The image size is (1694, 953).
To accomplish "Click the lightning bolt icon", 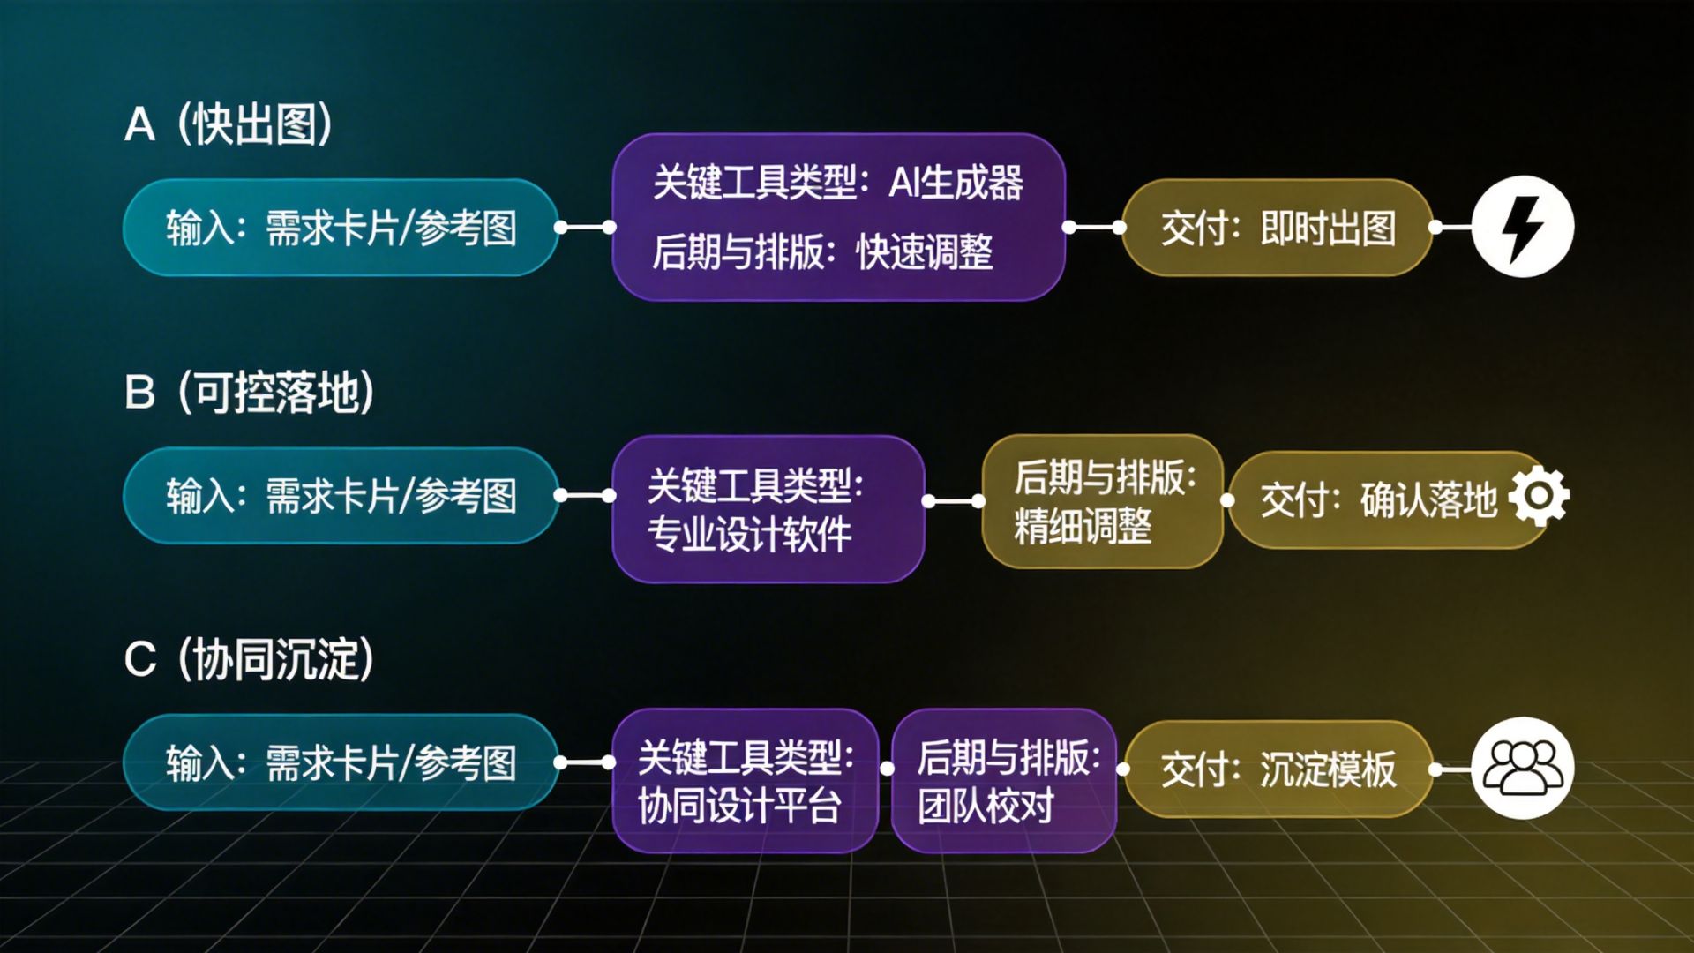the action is [x=1522, y=227].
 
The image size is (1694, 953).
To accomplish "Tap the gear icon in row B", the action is [x=1540, y=496].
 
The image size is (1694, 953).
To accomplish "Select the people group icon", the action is [x=1522, y=768].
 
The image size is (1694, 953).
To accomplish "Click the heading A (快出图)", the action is [x=229, y=124].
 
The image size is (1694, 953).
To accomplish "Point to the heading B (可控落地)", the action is [x=250, y=392].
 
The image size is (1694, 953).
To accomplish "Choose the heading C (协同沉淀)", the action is [x=250, y=658].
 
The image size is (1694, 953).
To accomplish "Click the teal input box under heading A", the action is [x=341, y=228].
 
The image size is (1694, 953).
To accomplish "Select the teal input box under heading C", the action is [x=341, y=762].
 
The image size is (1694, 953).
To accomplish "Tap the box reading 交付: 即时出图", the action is [x=1277, y=228].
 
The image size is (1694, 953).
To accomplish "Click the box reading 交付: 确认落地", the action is [x=1376, y=499].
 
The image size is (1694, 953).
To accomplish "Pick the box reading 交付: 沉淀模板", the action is [x=1277, y=769].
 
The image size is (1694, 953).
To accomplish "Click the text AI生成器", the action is [x=956, y=183].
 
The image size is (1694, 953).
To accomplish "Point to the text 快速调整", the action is [x=924, y=252].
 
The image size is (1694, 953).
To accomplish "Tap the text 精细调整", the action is [x=1083, y=527].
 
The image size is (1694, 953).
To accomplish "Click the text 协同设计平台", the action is [x=739, y=806].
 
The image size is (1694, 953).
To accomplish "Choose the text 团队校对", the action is [x=986, y=806].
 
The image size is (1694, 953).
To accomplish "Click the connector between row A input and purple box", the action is [x=585, y=228].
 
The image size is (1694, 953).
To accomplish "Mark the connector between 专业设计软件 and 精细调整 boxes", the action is [x=954, y=501].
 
